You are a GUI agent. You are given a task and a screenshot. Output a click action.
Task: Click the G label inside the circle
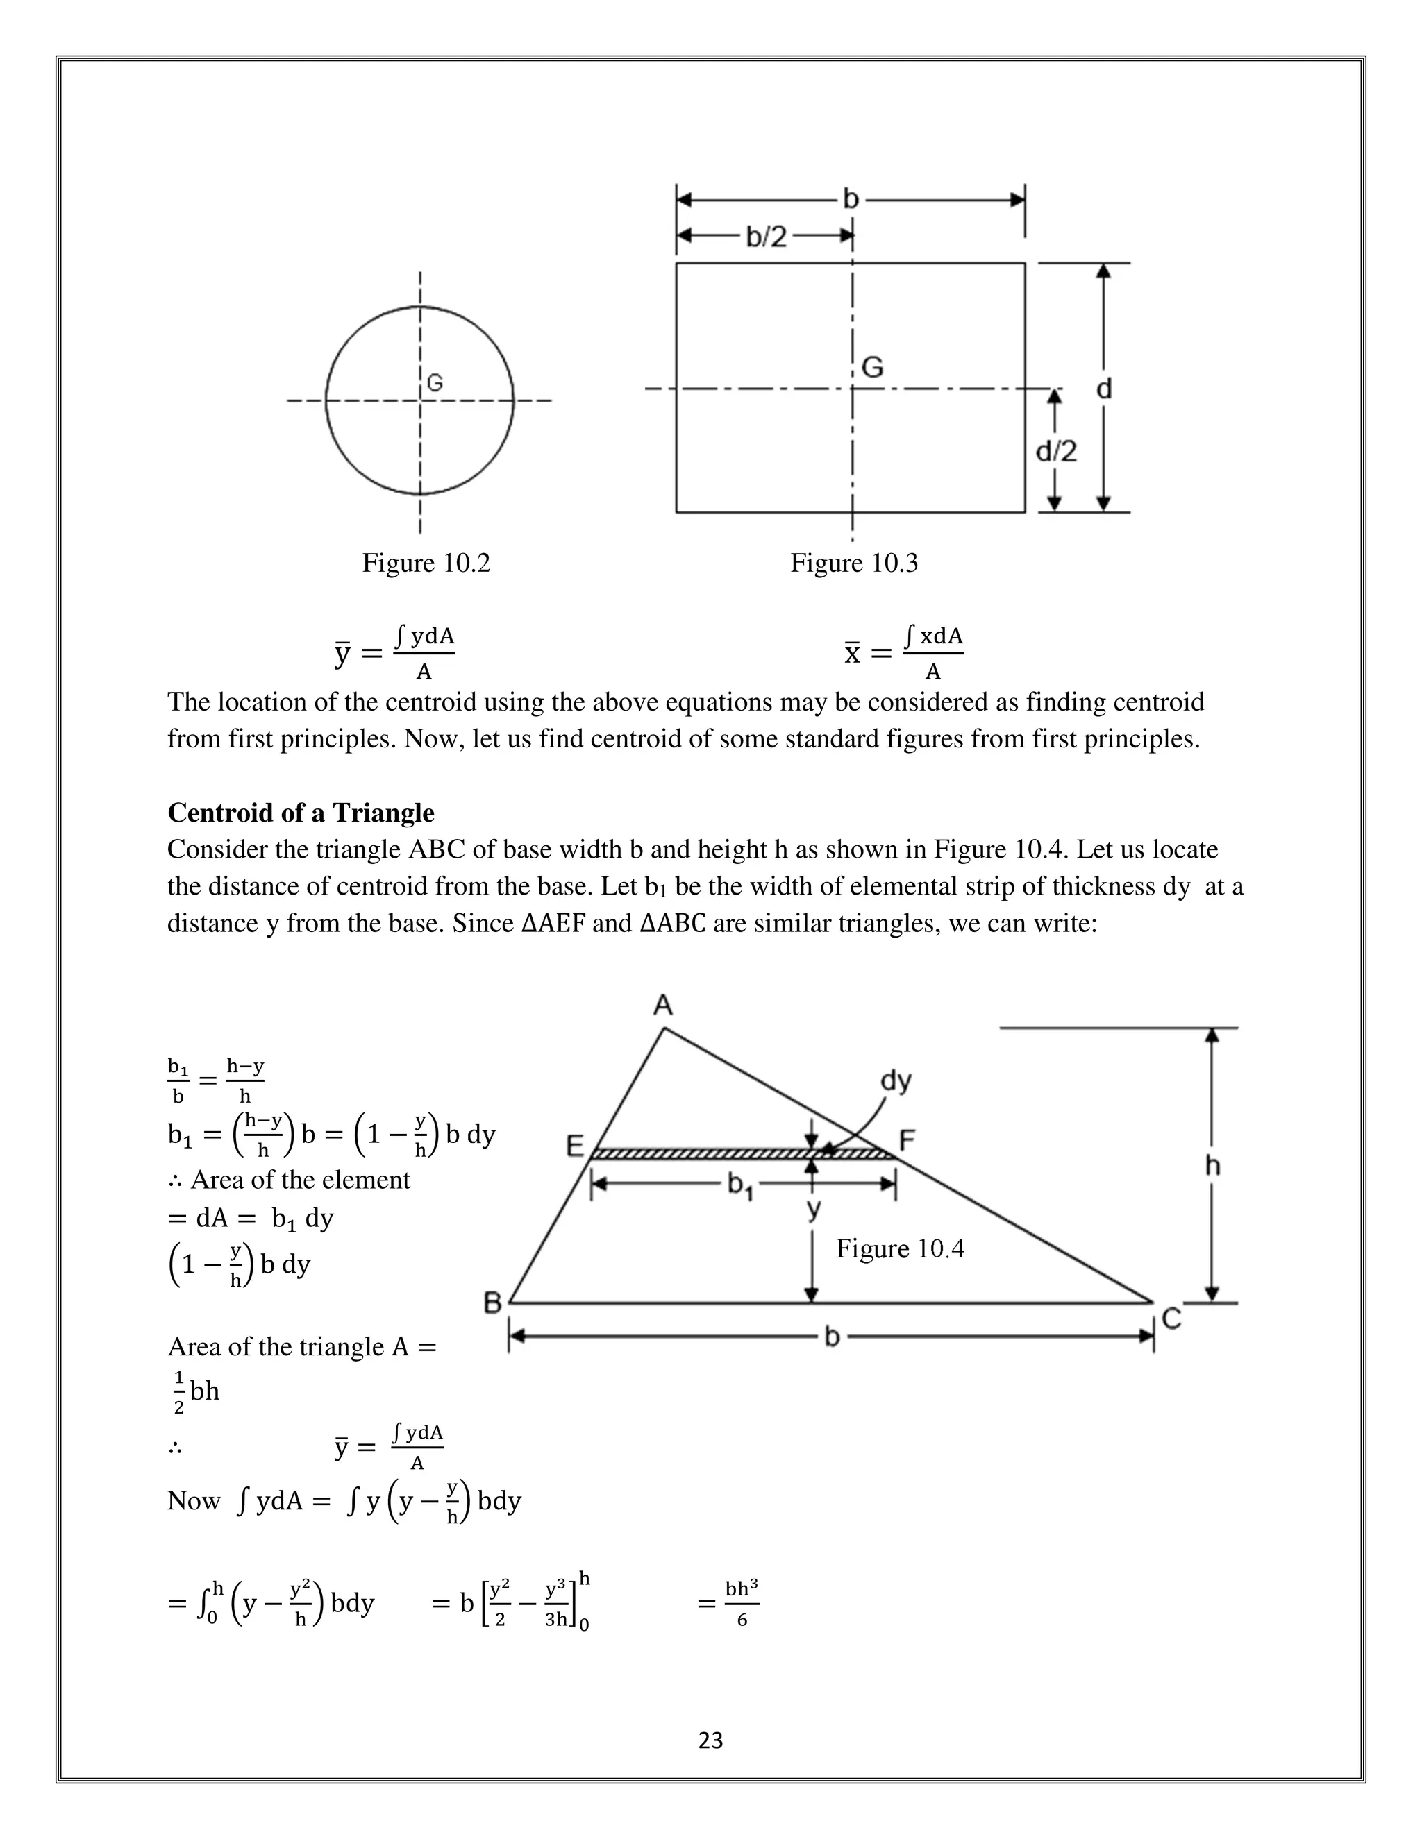[435, 383]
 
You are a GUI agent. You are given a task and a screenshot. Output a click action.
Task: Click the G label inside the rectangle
[872, 367]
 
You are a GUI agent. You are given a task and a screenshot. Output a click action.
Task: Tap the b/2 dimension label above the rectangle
[766, 237]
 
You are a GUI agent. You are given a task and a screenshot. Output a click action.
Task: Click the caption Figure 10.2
[426, 563]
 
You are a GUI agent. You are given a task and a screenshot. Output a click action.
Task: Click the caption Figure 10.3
[853, 563]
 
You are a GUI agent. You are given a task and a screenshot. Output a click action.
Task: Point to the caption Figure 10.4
[899, 1248]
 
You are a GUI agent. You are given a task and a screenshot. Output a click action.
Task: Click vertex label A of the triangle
[663, 1005]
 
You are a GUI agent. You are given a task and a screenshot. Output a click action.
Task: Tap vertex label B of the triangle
[493, 1303]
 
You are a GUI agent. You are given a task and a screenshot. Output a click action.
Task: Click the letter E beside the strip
[574, 1145]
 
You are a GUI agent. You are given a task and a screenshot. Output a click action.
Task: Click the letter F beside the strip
[907, 1140]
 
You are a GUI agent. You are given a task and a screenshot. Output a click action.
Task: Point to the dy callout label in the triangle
[896, 1080]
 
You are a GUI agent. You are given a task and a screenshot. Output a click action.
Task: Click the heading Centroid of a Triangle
[301, 813]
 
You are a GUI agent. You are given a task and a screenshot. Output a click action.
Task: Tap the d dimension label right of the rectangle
[1103, 388]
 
